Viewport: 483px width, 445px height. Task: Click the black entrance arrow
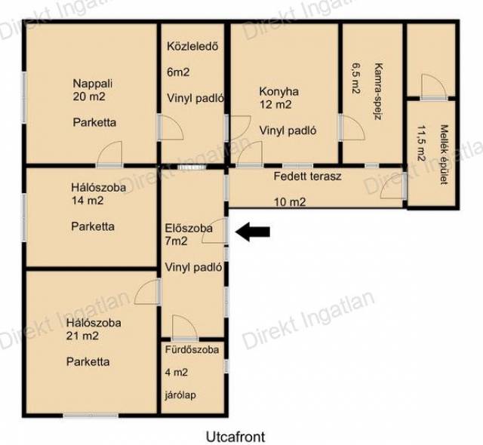253,232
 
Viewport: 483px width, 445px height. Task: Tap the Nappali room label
92,84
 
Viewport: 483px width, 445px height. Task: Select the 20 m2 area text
89,97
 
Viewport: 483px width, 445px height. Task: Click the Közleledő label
192,47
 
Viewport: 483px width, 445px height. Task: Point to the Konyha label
278,91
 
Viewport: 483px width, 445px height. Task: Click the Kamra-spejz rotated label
378,91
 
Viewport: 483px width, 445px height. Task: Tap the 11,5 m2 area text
421,143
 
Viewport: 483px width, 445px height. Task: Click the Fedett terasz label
307,176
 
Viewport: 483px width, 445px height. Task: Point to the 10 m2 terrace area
290,202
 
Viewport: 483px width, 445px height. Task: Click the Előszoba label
189,229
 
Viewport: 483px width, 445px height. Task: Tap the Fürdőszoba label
192,350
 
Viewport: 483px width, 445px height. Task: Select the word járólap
180,394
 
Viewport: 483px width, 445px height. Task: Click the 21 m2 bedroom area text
82,336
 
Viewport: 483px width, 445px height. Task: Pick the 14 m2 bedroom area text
88,201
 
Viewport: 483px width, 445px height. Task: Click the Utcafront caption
235,437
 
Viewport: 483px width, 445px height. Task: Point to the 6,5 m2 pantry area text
356,78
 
